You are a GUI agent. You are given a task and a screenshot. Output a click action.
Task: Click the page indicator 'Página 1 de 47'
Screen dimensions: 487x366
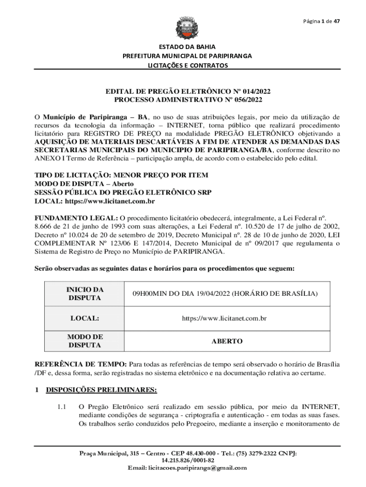[x=321, y=21]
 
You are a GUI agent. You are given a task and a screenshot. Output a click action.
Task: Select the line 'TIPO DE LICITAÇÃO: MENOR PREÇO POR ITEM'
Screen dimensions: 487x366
[x=121, y=175]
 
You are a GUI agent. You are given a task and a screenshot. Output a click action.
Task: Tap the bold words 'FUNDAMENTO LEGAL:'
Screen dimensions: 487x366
[x=72, y=218]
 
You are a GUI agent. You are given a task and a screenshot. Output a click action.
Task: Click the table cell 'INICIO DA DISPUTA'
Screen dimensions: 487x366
[x=85, y=293]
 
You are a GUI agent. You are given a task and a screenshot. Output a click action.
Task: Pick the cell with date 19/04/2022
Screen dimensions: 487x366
[x=225, y=293]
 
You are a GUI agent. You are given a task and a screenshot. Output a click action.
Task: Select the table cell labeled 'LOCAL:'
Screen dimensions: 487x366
[x=85, y=318]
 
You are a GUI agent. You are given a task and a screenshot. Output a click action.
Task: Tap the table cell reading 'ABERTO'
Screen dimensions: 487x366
[x=227, y=341]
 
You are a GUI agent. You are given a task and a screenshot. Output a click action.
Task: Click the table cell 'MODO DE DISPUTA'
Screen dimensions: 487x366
[x=85, y=341]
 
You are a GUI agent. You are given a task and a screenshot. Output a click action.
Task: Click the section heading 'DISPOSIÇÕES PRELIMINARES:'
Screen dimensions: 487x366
[x=101, y=390]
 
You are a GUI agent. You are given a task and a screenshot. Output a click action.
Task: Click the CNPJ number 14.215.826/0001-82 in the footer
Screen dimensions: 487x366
[x=188, y=460]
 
